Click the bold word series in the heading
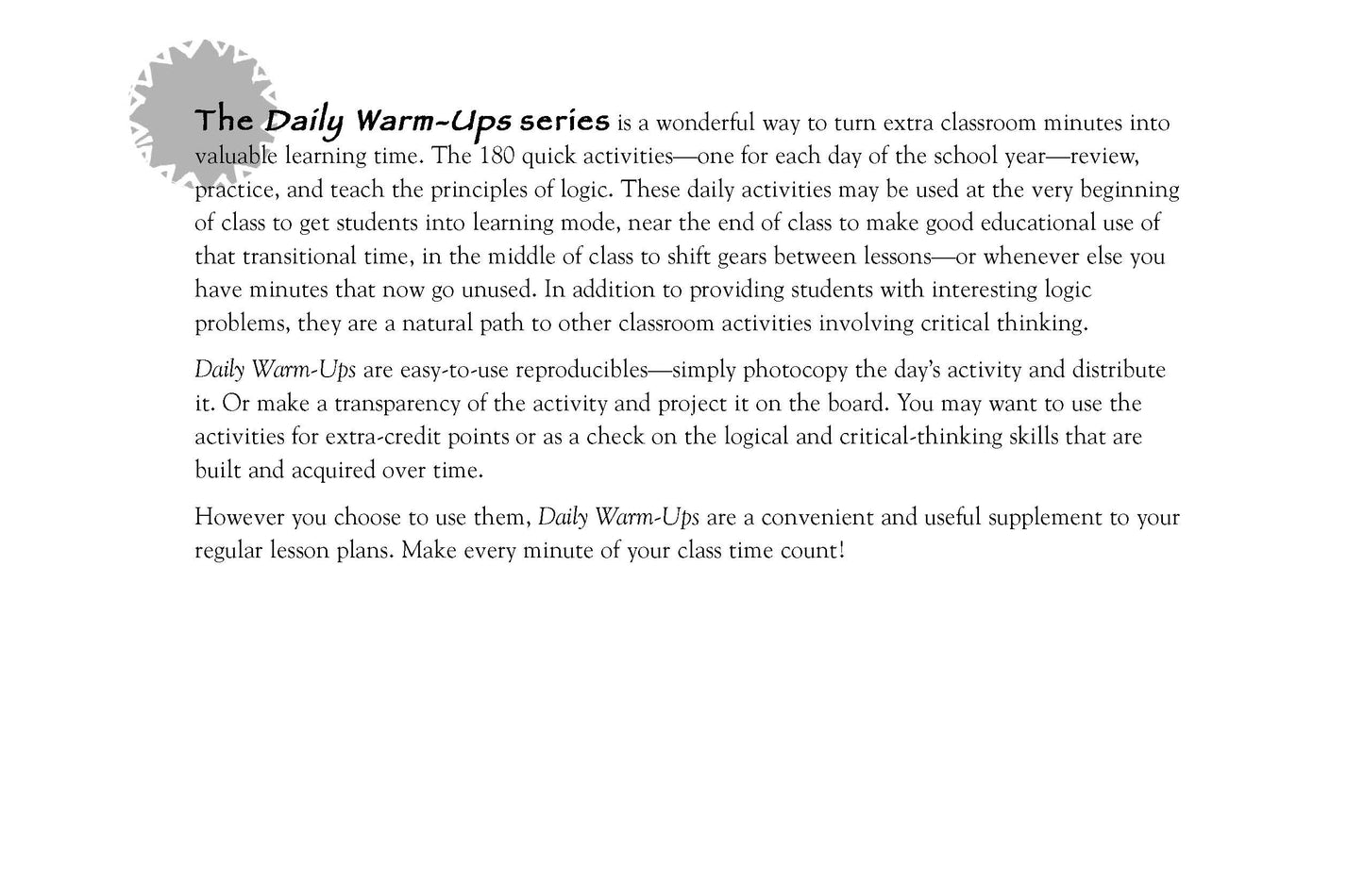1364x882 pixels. (564, 122)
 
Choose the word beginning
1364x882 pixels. (1128, 190)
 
